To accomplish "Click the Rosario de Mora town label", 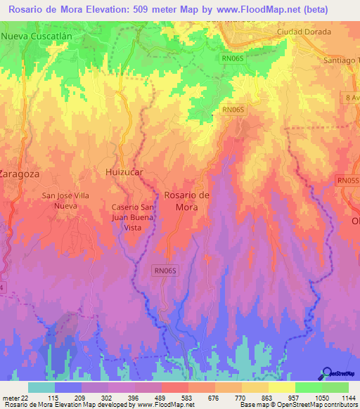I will coord(186,201).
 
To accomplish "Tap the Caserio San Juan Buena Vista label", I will coord(132,218).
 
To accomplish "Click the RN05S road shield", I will coord(347,181).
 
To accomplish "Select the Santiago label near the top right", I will coord(342,60).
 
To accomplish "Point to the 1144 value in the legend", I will coord(348,397).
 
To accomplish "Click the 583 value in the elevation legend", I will coord(187,397).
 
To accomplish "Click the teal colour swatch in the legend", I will coord(41,387).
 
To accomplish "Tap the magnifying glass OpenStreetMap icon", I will coord(328,373).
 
